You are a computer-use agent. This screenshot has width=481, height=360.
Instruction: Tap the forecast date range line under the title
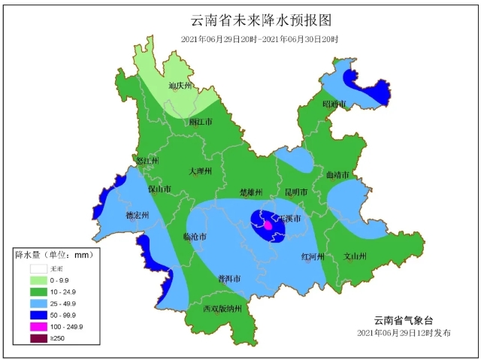(259, 38)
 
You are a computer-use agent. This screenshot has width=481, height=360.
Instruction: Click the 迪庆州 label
(180, 86)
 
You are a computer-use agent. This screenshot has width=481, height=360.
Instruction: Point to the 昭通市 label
(334, 104)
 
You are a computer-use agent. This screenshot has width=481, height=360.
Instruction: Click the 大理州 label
(201, 171)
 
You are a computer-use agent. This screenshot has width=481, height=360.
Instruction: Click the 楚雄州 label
(251, 192)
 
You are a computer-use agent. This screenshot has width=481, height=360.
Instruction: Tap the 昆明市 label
(295, 192)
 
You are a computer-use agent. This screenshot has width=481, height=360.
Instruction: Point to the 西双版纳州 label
(222, 308)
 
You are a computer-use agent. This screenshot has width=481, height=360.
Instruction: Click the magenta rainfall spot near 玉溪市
(268, 224)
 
